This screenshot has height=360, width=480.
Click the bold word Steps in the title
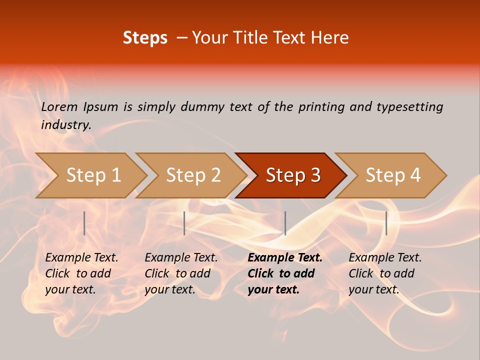coord(145,38)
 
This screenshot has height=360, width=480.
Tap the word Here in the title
coord(330,38)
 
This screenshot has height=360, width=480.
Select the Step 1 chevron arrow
coord(92,175)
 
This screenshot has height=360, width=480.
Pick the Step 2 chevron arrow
coord(192,175)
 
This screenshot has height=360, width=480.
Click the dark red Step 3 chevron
coord(292,175)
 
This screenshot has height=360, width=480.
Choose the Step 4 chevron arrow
coord(392,175)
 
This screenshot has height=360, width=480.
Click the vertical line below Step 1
coord(84,223)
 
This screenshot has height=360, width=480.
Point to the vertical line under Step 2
coord(184,223)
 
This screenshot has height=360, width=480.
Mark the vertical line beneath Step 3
coord(285,223)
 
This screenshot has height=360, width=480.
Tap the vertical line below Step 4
coord(386,223)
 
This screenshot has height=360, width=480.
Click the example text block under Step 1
coord(81,273)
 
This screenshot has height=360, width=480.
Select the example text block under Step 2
coord(181,273)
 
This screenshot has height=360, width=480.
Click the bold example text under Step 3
coord(284,273)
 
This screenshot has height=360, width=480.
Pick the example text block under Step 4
coord(384,273)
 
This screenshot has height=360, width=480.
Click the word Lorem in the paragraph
coord(59,106)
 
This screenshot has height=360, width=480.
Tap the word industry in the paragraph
coord(65,124)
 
